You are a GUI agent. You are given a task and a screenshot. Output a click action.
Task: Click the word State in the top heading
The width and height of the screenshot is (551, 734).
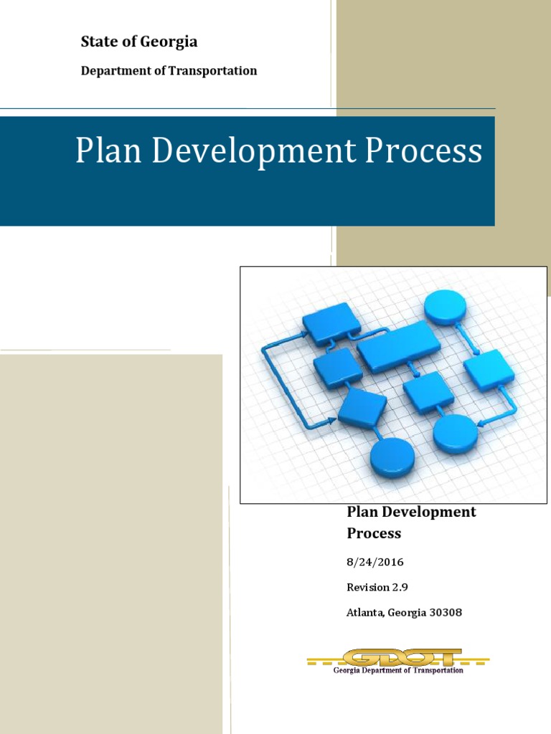pyautogui.click(x=99, y=42)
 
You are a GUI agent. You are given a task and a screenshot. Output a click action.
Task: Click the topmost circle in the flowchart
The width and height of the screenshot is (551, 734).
pyautogui.click(x=445, y=307)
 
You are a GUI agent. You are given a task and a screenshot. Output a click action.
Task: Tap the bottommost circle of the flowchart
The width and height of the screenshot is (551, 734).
pyautogui.click(x=392, y=457)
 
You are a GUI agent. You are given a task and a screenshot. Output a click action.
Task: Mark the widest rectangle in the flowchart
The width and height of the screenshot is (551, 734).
pyautogui.click(x=399, y=345)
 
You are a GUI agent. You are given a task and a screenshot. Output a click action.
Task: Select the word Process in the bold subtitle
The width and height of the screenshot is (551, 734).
pyautogui.click(x=374, y=533)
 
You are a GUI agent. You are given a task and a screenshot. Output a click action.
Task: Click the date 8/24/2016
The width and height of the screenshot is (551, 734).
pyautogui.click(x=375, y=562)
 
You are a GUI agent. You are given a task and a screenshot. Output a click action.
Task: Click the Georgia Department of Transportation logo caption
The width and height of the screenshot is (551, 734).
pyautogui.click(x=399, y=670)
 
